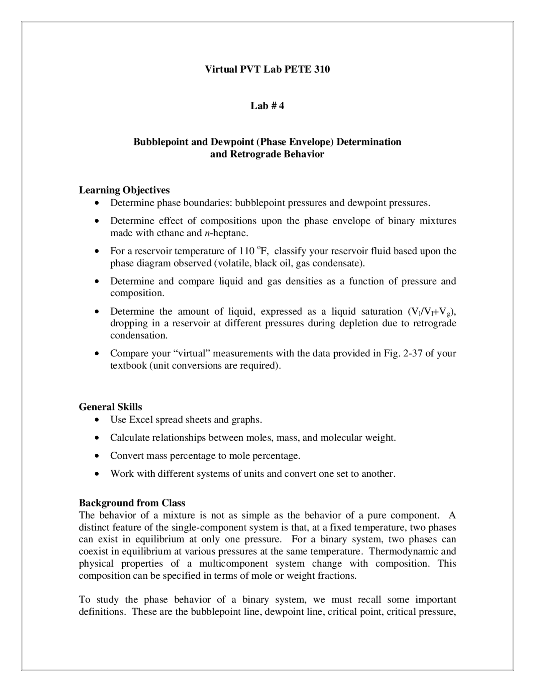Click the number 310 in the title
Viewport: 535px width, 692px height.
pos(321,69)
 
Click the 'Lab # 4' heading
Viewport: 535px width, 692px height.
pos(267,106)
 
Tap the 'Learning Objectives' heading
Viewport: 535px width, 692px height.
pos(124,190)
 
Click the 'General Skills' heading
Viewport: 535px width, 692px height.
pos(110,407)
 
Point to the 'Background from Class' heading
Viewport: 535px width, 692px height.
pos(132,503)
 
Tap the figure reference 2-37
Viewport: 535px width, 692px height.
pos(412,354)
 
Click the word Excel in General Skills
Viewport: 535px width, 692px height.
pos(141,420)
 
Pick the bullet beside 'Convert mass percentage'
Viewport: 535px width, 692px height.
pos(97,456)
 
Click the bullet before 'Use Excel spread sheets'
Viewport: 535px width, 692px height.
pos(97,420)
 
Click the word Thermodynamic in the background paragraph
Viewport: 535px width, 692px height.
pos(403,551)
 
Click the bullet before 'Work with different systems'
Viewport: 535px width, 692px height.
pos(97,474)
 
